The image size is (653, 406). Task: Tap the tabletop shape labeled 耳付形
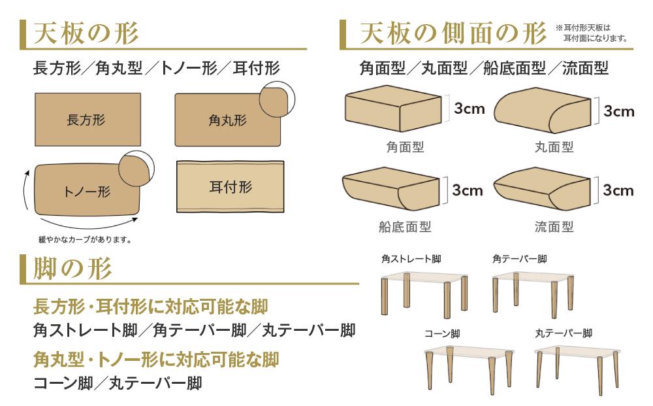tap(231, 187)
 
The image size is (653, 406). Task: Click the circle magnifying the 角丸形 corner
tap(277, 99)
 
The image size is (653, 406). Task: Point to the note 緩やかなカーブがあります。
tap(86, 239)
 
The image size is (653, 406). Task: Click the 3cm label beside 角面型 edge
tap(470, 109)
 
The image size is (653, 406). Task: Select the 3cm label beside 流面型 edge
tap(618, 190)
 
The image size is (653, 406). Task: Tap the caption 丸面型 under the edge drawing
tap(554, 147)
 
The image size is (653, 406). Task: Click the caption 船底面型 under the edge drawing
tap(405, 227)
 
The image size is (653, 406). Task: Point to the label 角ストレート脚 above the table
tap(411, 259)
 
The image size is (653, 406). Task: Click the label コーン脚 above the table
tap(442, 333)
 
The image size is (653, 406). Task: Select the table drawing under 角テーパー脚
tap(533, 290)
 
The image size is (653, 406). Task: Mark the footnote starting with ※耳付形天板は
tap(591, 33)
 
